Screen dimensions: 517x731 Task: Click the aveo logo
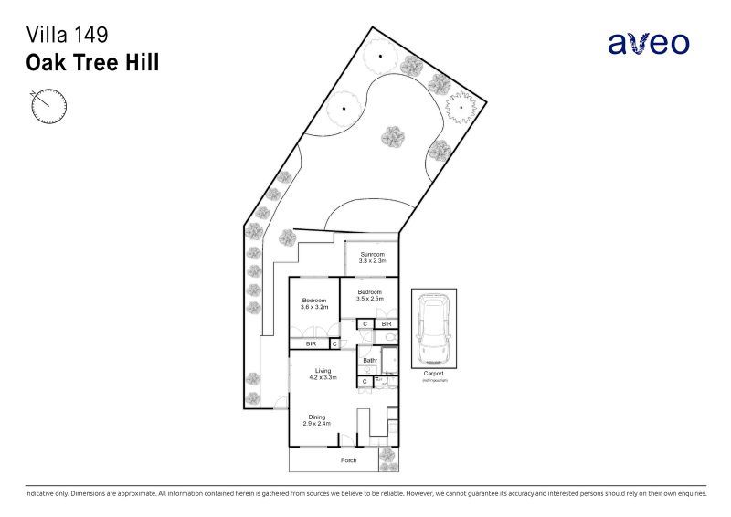pos(649,42)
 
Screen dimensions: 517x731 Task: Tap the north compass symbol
pos(49,105)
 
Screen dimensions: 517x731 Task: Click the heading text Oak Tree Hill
pos(93,63)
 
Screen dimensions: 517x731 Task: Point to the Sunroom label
pos(372,254)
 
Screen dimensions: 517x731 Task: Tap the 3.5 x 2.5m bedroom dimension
pos(370,299)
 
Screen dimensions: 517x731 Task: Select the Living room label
pos(323,370)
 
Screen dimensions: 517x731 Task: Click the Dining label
pos(316,417)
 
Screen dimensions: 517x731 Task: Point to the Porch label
pos(348,460)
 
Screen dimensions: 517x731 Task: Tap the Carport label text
pos(433,373)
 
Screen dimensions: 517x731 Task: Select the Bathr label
pos(370,361)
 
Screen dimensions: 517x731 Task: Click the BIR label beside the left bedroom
pos(311,343)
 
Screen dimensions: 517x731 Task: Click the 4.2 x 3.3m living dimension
pos(323,377)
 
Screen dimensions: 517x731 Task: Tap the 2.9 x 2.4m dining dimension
pos(316,424)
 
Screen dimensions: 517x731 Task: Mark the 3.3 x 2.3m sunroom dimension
pos(372,261)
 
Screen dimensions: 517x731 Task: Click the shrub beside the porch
pos(387,453)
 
